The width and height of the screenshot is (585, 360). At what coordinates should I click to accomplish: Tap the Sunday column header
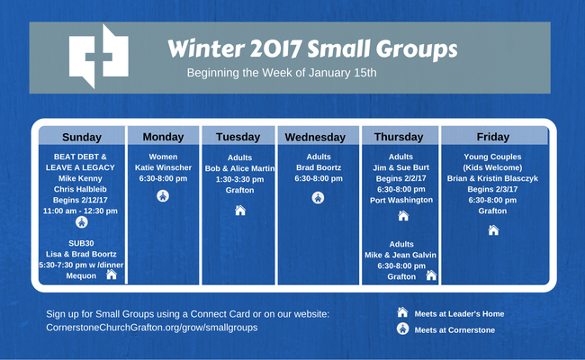(x=82, y=137)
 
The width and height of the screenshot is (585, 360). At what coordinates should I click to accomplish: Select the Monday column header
(x=163, y=137)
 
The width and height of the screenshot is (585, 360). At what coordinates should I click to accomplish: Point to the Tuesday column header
(x=238, y=137)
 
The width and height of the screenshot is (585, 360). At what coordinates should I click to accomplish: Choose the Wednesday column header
(x=315, y=138)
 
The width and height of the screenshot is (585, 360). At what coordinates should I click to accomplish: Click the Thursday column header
(x=399, y=137)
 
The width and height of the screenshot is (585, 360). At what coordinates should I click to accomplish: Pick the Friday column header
(x=493, y=137)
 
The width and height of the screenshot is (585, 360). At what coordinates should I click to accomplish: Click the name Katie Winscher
(x=163, y=167)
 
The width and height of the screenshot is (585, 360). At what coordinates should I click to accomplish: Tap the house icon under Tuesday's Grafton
(x=240, y=211)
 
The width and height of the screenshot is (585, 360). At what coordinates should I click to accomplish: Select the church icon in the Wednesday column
(x=318, y=198)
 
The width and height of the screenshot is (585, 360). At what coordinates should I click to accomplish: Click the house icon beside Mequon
(x=112, y=274)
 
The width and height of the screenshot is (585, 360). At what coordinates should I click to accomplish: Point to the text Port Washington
(x=401, y=200)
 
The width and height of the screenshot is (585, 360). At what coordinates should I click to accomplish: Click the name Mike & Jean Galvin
(x=400, y=255)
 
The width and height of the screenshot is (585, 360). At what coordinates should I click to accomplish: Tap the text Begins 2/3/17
(x=492, y=189)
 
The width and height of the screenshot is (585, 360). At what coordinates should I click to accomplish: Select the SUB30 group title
(x=81, y=243)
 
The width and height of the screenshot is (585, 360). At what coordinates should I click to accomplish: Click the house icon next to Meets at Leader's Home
(x=402, y=312)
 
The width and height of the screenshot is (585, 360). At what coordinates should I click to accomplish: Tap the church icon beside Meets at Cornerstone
(x=402, y=328)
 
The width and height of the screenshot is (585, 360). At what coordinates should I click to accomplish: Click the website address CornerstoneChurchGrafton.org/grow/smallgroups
(x=152, y=328)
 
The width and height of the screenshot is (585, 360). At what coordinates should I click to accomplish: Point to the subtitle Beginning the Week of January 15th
(x=282, y=72)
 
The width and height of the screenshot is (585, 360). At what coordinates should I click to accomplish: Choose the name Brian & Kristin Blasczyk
(x=492, y=178)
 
